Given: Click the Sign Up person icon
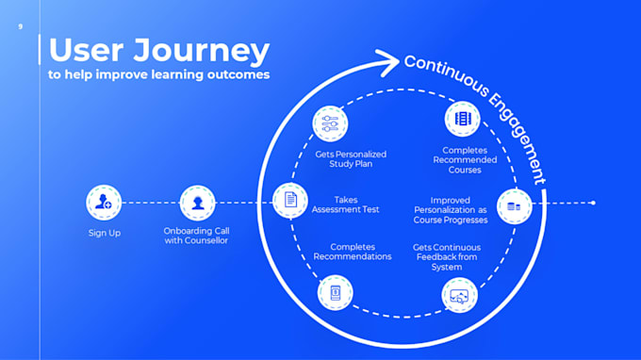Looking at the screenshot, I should click(103, 202).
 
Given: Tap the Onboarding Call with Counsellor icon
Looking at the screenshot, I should click(197, 202).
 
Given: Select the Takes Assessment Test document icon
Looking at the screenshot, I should click(290, 200).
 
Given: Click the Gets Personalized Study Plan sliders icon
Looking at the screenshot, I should click(331, 123).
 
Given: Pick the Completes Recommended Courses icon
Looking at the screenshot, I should click(462, 120).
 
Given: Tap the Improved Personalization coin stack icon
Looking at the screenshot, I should click(514, 205).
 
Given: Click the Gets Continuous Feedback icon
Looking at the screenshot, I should click(460, 295).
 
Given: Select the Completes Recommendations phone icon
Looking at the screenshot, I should click(335, 293).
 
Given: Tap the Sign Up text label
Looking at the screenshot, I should click(104, 233).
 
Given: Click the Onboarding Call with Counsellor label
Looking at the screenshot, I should click(196, 236).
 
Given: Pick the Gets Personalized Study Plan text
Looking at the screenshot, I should click(351, 159).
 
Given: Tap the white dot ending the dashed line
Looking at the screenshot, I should click(593, 203).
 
